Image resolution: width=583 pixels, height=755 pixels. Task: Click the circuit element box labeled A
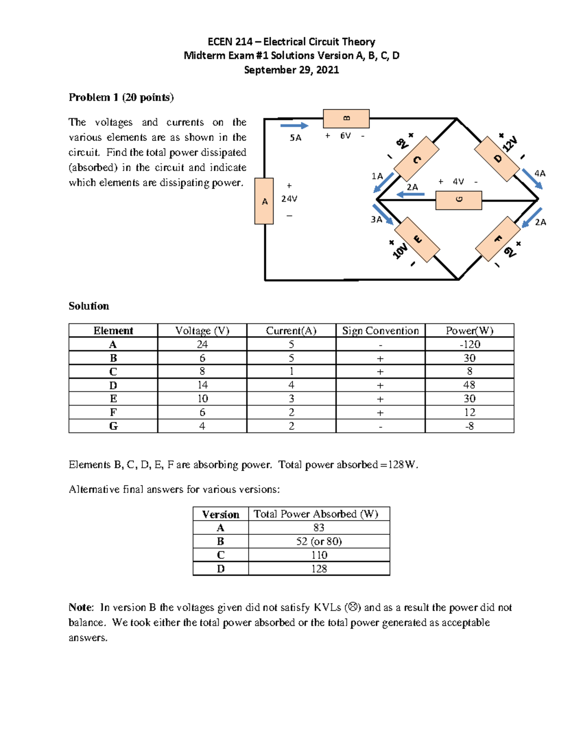(x=264, y=201)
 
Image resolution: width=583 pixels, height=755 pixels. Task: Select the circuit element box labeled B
(x=346, y=119)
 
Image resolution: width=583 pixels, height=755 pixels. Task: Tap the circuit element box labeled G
(x=459, y=200)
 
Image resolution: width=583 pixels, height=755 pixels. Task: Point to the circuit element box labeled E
(x=417, y=240)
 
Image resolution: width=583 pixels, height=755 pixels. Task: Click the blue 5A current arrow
(x=294, y=126)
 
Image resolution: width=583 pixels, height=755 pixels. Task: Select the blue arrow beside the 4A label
(x=532, y=178)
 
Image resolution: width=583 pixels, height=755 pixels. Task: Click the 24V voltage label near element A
(x=289, y=199)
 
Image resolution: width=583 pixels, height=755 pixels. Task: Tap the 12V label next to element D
(x=510, y=144)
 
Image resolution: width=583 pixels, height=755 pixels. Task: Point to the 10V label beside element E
(x=400, y=251)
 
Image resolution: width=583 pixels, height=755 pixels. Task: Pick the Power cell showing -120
(x=469, y=344)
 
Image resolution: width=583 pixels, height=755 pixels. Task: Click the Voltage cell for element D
(x=202, y=385)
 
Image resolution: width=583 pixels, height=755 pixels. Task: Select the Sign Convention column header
(x=380, y=331)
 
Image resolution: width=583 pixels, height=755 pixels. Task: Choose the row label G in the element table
(x=113, y=426)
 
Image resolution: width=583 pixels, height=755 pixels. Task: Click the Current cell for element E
(x=291, y=399)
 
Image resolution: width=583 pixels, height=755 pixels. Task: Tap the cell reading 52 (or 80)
(x=319, y=541)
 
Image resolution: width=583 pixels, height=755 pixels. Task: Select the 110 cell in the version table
(x=319, y=555)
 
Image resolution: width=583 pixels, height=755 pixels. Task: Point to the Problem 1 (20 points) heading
(x=121, y=97)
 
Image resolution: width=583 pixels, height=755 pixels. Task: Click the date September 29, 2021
(x=291, y=70)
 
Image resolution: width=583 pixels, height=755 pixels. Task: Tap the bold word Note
(x=81, y=607)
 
